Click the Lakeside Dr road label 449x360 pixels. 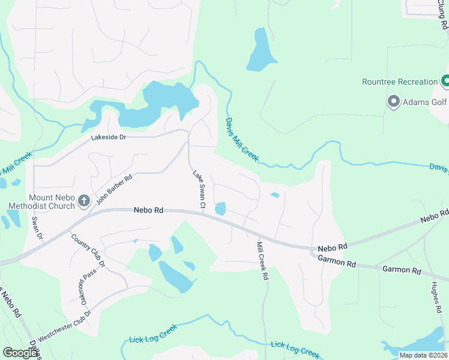click(109, 137)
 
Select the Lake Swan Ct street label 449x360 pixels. click(199, 191)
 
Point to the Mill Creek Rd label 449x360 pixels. click(261, 262)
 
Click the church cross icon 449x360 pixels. click(85, 201)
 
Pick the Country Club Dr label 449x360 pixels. click(88, 251)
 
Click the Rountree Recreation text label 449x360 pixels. click(400, 82)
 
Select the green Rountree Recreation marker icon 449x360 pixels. click(445, 80)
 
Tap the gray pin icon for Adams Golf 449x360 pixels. click(394, 101)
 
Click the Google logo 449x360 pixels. click(20, 353)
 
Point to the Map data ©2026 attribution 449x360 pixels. click(423, 355)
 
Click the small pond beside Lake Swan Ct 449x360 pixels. click(220, 209)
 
